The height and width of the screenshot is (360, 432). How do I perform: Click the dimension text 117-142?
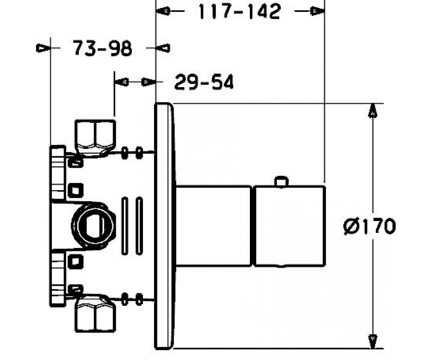(239, 12)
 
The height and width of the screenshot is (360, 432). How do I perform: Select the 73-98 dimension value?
(102, 48)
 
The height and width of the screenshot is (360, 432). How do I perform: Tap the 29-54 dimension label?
(204, 82)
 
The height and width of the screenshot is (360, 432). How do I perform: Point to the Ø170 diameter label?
(369, 226)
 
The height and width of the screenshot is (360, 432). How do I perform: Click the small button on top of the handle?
(281, 182)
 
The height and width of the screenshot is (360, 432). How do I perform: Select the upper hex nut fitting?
(95, 138)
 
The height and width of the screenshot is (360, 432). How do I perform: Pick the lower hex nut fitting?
(95, 314)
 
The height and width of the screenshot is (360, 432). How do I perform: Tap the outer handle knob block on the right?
(290, 226)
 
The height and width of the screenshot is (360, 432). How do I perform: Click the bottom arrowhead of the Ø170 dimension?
(373, 341)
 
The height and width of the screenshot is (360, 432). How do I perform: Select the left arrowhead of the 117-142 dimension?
(163, 11)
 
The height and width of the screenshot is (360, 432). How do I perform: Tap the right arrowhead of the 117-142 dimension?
(317, 11)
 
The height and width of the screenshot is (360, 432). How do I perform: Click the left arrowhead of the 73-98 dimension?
(44, 48)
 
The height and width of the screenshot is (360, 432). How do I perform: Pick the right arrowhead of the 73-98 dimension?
(163, 48)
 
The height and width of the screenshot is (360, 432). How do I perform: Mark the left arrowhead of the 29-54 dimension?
(122, 82)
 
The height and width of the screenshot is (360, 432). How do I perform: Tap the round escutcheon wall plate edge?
(164, 226)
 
